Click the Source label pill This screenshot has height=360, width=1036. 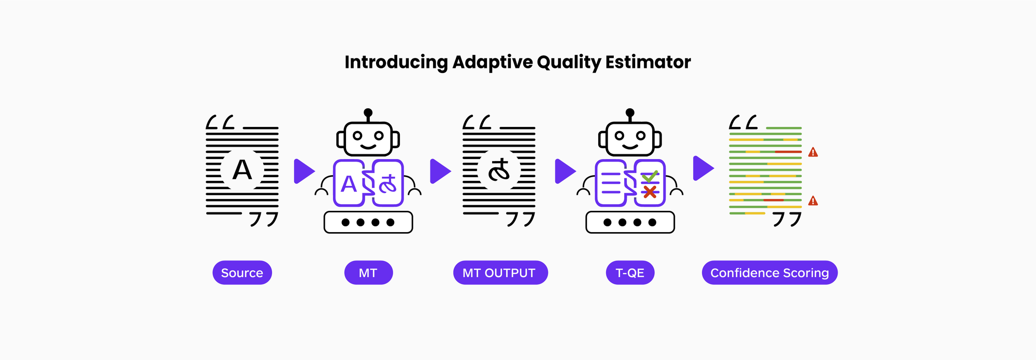point(242,273)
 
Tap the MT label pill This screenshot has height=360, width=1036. point(368,273)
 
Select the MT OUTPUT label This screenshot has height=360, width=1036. point(500,273)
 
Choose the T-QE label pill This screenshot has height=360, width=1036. point(630,273)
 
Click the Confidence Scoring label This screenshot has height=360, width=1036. point(769,273)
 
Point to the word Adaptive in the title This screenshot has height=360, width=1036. point(493,62)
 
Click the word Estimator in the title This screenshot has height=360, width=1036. point(648,62)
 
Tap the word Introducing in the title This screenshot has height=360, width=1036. point(396,62)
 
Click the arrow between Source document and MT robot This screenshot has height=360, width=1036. point(304,171)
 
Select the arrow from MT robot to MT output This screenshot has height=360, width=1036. point(440,171)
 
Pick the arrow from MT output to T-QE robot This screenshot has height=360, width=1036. point(565,171)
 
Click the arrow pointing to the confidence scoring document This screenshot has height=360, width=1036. point(703,168)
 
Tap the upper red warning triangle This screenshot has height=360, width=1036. point(813,152)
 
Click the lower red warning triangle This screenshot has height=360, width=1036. point(813,201)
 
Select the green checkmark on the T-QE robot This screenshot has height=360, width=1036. point(650,177)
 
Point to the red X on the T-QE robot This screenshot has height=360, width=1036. point(650,192)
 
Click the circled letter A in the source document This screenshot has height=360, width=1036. point(242,170)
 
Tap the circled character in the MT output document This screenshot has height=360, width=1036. point(499,170)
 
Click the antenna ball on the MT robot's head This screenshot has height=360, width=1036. point(368,112)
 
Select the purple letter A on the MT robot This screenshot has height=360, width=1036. point(349,184)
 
